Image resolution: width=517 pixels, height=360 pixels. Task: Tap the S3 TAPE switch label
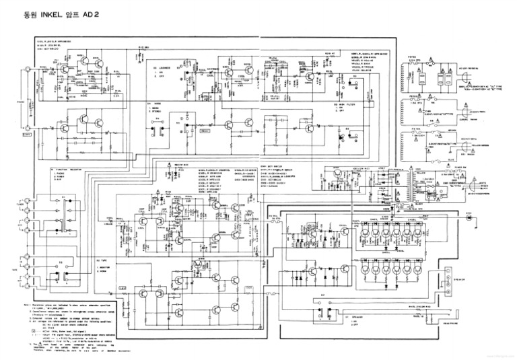pyautogui.click(x=103, y=258)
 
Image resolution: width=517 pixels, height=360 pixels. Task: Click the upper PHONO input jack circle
pyautogui.click(x=27, y=70)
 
